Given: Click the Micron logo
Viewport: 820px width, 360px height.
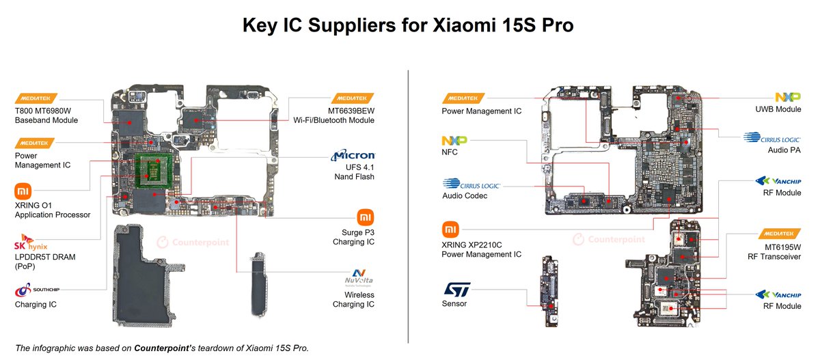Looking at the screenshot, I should pyautogui.click(x=353, y=156).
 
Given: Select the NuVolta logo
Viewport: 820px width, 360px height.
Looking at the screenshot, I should pyautogui.click(x=358, y=280).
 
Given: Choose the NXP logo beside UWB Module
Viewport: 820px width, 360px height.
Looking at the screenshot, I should pyautogui.click(x=788, y=98).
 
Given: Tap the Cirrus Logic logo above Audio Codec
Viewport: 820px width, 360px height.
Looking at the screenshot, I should pyautogui.click(x=471, y=184).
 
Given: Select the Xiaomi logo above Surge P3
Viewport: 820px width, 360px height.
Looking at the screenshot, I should pyautogui.click(x=366, y=217).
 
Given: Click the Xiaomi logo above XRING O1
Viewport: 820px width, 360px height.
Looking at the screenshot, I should pyautogui.click(x=23, y=191).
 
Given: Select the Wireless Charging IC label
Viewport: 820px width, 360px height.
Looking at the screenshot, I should pyautogui.click(x=353, y=299).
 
